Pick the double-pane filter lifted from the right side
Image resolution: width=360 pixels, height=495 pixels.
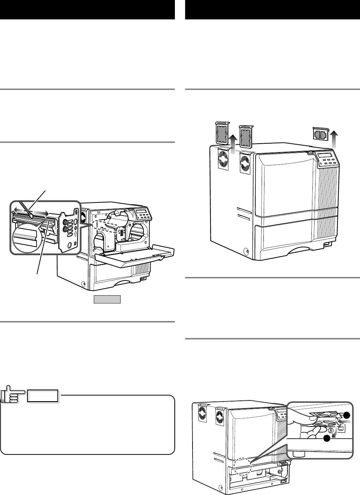click(321, 134)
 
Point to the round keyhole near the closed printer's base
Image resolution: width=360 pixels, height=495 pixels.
click(246, 252)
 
